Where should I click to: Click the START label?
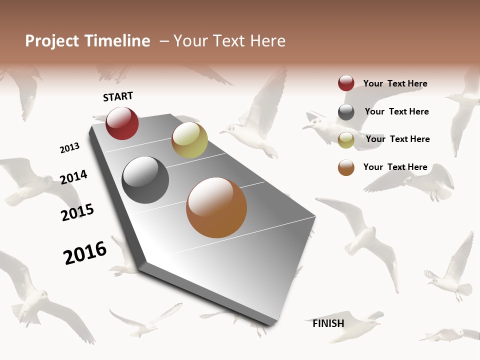point(118,96)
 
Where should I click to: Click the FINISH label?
point(328,323)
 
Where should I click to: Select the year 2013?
point(69,148)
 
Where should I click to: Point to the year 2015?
point(77,212)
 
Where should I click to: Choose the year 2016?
point(85,252)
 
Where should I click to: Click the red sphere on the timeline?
point(122,123)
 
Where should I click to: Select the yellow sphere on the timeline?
point(189,140)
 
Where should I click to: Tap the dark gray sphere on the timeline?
point(145,180)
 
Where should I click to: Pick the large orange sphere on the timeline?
point(216,207)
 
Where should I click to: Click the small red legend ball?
point(346,83)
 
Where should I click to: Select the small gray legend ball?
point(346,112)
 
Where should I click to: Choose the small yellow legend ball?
point(346,139)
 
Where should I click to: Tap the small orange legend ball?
point(346,167)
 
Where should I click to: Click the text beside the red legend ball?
point(395,83)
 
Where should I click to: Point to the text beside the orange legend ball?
point(395,167)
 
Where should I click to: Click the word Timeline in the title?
point(117,41)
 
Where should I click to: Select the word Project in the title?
point(52,41)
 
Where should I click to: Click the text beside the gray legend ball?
point(396,111)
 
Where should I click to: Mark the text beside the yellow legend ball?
point(397,139)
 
